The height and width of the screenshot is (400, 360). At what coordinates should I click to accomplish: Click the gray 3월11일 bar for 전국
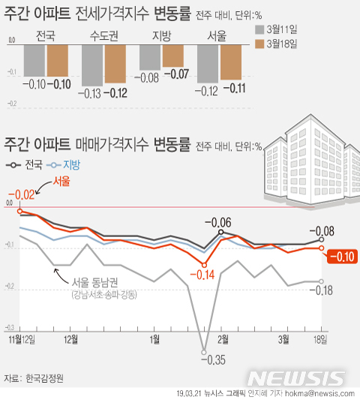(x=33, y=61)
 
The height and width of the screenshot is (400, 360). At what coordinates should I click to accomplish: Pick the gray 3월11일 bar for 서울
(x=208, y=64)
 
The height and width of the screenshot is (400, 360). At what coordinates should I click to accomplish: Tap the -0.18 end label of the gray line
(x=325, y=290)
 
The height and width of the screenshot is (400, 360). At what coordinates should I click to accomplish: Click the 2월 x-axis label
(x=223, y=318)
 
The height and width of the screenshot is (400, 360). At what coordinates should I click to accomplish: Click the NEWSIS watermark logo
(x=301, y=377)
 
